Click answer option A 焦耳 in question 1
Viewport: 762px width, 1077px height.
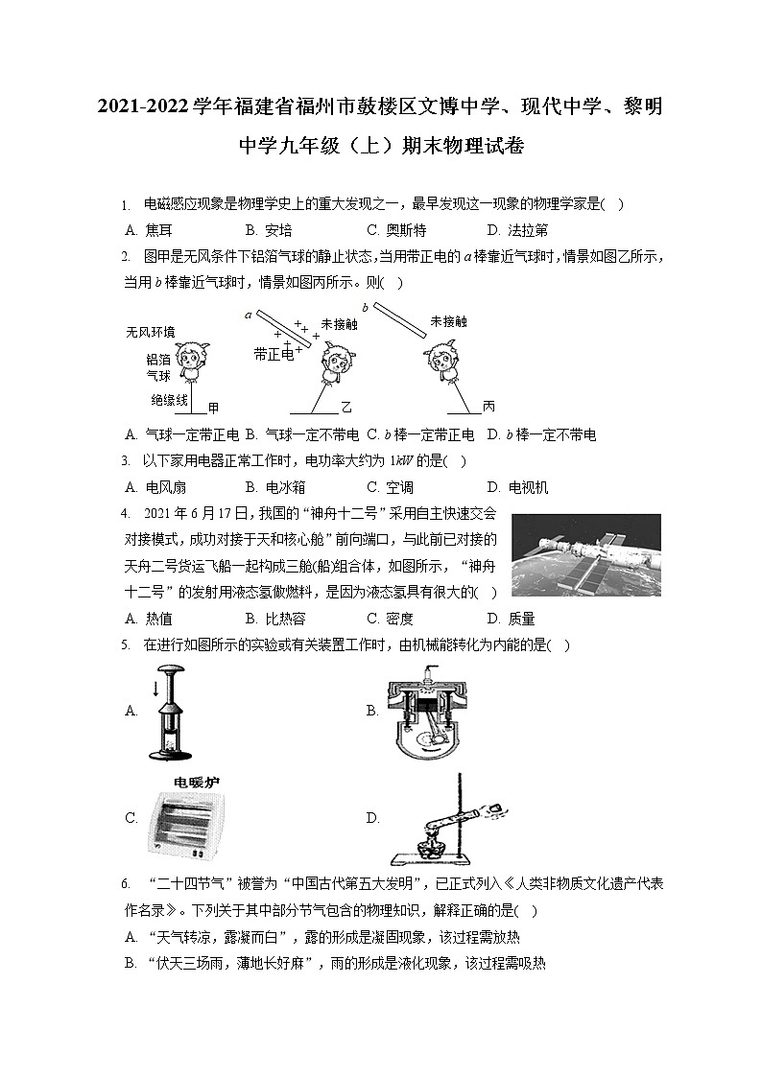149,230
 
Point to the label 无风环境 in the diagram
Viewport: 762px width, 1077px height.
150,332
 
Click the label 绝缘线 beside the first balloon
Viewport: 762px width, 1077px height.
169,399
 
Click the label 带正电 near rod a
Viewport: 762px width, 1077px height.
274,354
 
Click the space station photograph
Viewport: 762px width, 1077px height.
585,555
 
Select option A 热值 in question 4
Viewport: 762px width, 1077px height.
149,619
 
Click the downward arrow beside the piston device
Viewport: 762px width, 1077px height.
155,689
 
